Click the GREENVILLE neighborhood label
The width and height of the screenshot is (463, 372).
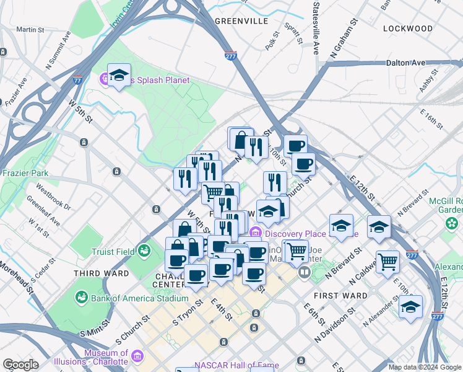[241, 20]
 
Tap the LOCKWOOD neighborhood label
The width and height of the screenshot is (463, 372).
[407, 29]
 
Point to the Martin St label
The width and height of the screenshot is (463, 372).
[30, 29]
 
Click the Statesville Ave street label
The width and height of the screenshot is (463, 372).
[316, 28]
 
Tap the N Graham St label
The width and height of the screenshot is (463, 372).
[345, 38]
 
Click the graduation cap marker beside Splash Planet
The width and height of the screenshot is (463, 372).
[119, 76]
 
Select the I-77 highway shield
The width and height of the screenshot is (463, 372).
[77, 80]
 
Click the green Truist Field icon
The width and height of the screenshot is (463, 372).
[144, 250]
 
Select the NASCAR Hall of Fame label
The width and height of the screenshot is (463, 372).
[236, 365]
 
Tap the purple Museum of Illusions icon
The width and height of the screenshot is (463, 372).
[137, 357]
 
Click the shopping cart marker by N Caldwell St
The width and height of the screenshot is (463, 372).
[387, 261]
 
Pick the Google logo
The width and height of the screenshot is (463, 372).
[20, 364]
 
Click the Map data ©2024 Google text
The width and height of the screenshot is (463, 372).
[424, 367]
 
